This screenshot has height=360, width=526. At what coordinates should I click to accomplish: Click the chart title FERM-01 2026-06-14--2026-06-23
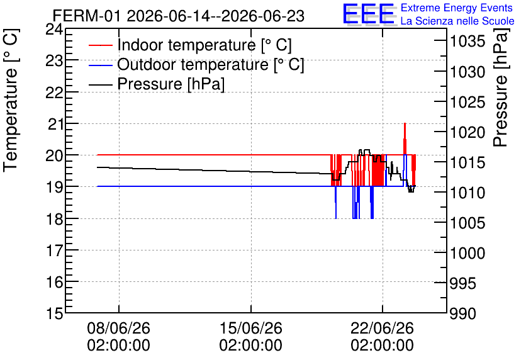tap(179, 16)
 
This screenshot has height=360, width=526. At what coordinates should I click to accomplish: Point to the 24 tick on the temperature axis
tap(54, 30)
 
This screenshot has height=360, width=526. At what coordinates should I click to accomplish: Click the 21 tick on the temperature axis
tap(55, 125)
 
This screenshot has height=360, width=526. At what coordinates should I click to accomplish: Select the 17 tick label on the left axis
tap(54, 250)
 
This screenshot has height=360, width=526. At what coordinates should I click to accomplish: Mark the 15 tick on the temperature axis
tap(54, 314)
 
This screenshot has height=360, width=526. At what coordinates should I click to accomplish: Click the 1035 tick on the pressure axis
tap(467, 42)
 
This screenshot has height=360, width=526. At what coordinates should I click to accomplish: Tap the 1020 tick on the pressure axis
tap(467, 133)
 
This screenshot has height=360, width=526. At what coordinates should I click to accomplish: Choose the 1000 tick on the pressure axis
tap(467, 253)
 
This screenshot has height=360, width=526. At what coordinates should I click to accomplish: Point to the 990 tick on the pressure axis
tap(463, 314)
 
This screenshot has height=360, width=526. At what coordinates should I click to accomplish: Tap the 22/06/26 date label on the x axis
tap(382, 328)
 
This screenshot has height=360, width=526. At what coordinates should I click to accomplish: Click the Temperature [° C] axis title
tap(11, 101)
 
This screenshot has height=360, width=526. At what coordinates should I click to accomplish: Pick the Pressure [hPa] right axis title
tap(501, 87)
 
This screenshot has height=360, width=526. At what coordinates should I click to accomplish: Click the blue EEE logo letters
tap(368, 14)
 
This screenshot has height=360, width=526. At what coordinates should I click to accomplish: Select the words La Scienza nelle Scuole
tap(457, 21)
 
